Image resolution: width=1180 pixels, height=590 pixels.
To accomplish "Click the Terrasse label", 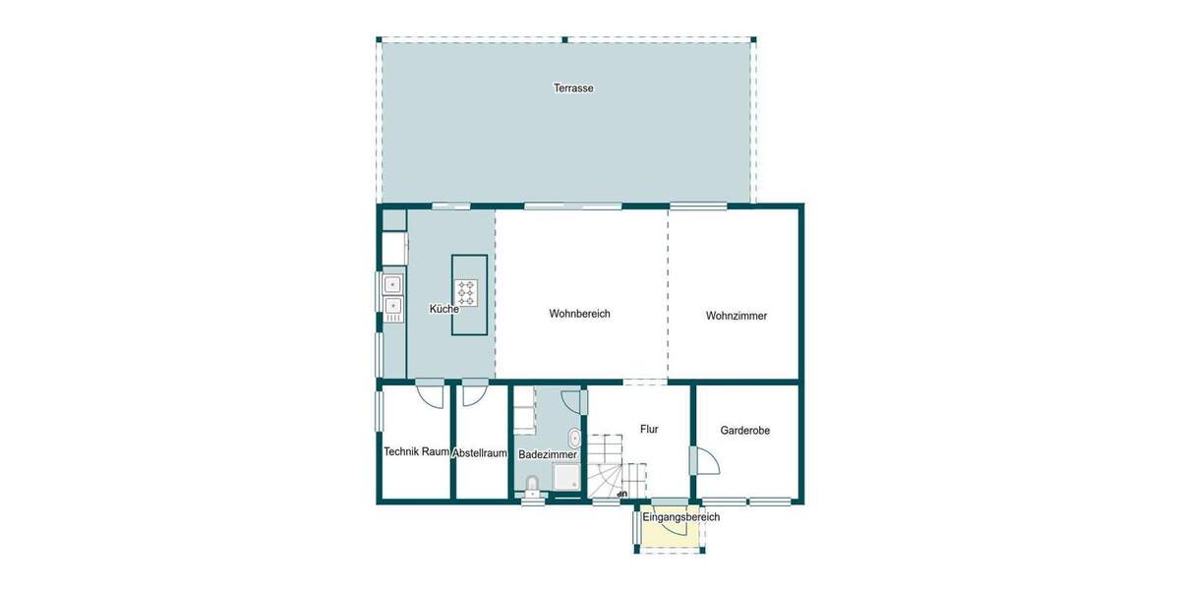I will (x=573, y=88).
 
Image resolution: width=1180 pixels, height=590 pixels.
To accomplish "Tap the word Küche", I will (x=443, y=309).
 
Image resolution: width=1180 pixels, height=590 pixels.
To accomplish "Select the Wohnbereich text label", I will (x=580, y=314).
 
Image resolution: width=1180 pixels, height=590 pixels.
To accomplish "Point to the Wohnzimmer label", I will (x=737, y=316).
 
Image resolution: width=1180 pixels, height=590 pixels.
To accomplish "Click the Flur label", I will (x=649, y=429).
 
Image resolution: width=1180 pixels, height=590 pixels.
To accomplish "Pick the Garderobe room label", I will (x=745, y=431).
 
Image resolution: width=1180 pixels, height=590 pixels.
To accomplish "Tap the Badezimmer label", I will (x=548, y=454).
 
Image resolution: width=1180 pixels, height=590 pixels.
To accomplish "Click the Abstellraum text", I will (x=481, y=453).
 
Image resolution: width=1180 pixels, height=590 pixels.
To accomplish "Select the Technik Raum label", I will (x=416, y=452).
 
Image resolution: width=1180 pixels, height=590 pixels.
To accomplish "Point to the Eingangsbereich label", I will (x=680, y=517).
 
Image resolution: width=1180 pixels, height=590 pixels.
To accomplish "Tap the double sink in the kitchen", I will (x=393, y=298).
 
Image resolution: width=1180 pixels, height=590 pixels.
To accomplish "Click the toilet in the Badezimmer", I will (x=532, y=484).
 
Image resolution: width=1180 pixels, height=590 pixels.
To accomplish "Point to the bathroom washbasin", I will (x=574, y=440).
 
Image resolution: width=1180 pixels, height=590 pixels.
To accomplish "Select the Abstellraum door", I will (x=472, y=392).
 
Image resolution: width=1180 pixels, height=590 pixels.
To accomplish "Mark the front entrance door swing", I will (x=674, y=524).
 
